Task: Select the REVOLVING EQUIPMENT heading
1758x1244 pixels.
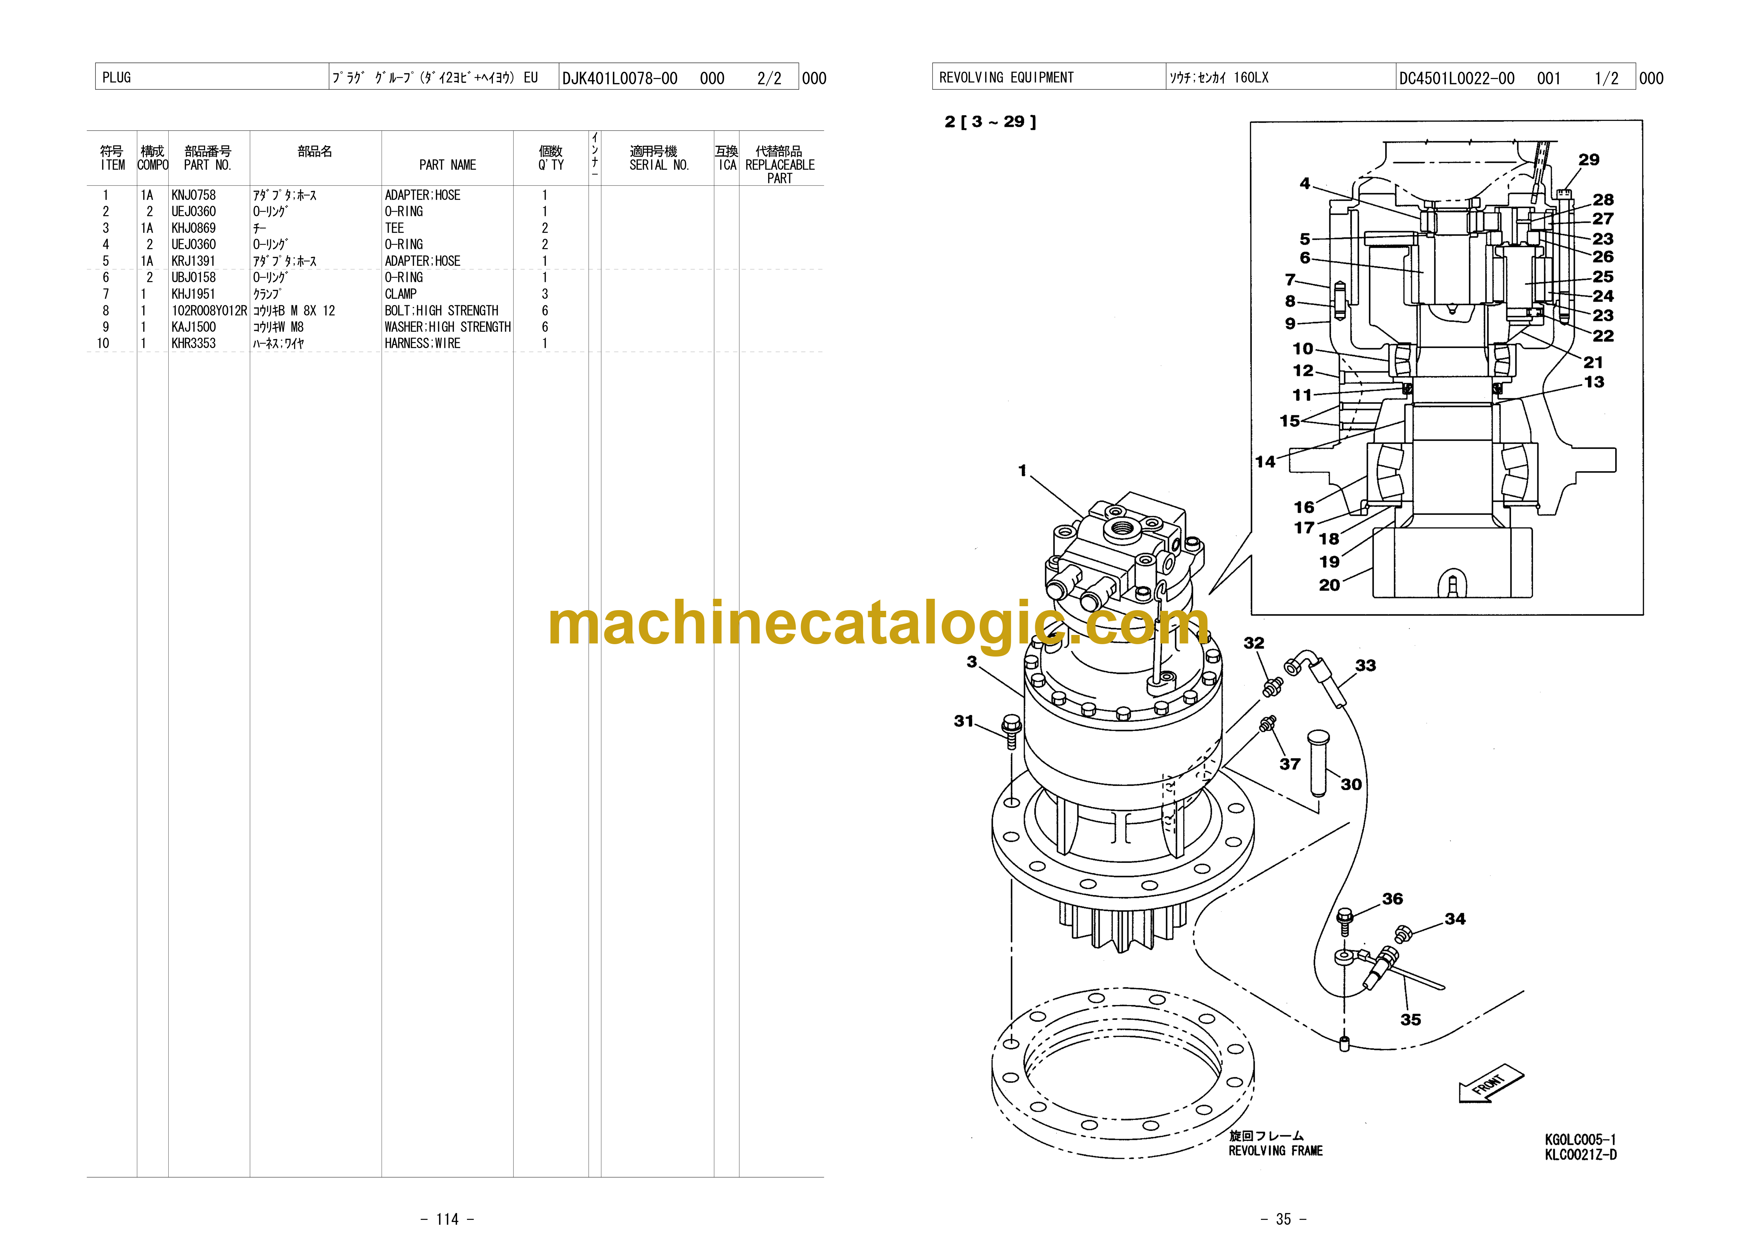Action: pyautogui.click(x=1006, y=77)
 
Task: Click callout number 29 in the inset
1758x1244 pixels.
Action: pyautogui.click(x=1589, y=159)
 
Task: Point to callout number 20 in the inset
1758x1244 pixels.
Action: pyautogui.click(x=1329, y=585)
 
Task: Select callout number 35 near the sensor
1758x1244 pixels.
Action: pyautogui.click(x=1410, y=1020)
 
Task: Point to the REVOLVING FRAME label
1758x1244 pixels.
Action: pyautogui.click(x=1275, y=1150)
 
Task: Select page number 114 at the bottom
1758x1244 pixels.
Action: pyautogui.click(x=447, y=1219)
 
